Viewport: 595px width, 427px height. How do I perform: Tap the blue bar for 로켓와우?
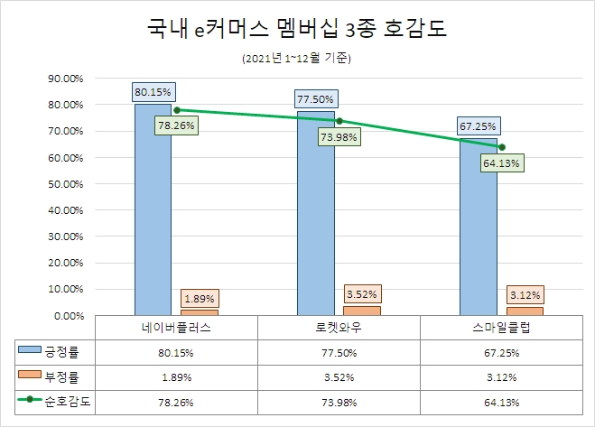316,217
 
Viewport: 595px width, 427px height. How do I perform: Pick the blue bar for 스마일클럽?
478,230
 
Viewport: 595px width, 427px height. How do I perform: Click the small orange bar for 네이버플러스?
199,312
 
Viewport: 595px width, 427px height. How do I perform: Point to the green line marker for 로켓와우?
339,121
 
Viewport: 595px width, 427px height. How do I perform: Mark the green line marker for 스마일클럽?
501,147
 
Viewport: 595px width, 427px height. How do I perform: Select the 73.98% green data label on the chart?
339,137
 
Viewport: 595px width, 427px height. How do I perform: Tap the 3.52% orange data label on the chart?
361,294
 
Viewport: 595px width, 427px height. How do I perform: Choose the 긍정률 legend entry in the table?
54,350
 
